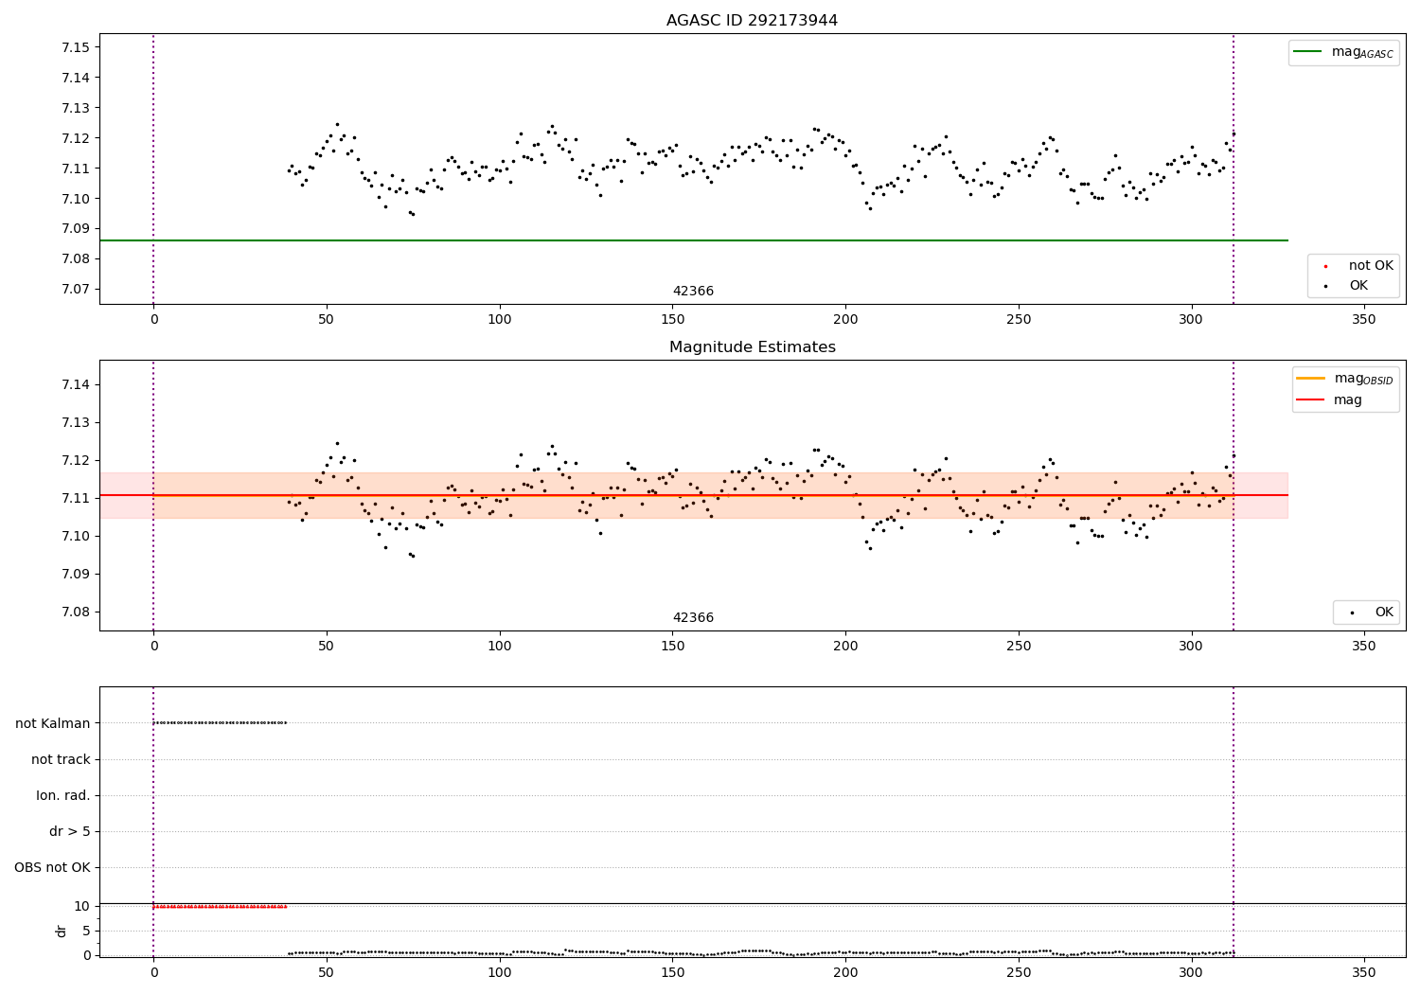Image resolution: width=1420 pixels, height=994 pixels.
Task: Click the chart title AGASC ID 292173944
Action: point(752,21)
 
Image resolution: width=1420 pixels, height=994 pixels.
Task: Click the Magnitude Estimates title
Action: point(752,347)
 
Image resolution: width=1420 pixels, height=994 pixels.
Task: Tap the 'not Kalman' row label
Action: point(52,723)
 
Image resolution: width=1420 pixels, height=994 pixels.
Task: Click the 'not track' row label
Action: point(61,759)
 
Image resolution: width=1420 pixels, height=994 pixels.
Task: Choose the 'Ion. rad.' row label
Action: point(62,795)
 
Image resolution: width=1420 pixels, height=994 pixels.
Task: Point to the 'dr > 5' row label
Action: point(69,831)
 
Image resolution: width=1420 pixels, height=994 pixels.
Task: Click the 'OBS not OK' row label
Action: point(52,867)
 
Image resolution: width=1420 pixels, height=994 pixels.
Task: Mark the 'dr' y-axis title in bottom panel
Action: point(62,931)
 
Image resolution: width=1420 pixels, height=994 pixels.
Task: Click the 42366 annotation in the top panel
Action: point(693,292)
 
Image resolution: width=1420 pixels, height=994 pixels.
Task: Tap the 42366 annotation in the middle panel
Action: point(693,618)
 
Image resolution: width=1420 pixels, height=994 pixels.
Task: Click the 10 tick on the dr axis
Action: point(82,906)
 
